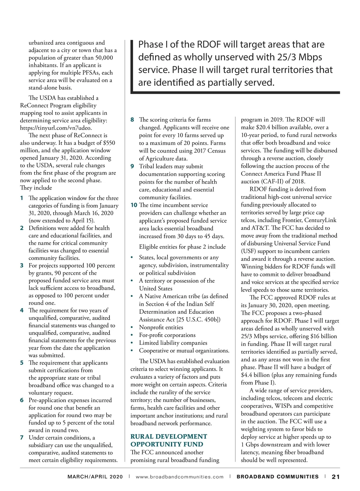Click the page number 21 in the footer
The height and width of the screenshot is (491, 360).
[x=336, y=477]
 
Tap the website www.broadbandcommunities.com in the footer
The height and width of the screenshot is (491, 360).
[x=180, y=477]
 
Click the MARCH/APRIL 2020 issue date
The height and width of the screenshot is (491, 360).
[x=95, y=477]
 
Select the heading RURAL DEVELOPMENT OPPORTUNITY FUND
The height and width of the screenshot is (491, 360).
[x=169, y=440]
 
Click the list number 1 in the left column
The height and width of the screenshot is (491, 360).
[x=22, y=198]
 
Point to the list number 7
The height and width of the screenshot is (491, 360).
[x=22, y=438]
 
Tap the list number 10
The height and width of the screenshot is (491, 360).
[x=134, y=205]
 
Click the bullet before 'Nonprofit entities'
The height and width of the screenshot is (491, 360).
[x=132, y=328]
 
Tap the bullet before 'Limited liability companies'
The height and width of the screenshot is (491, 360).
[x=132, y=343]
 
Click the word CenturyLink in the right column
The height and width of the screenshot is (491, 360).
[x=320, y=220]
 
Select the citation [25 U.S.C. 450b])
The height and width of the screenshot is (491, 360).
[x=199, y=320]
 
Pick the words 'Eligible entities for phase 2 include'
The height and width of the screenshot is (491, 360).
[x=182, y=247]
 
